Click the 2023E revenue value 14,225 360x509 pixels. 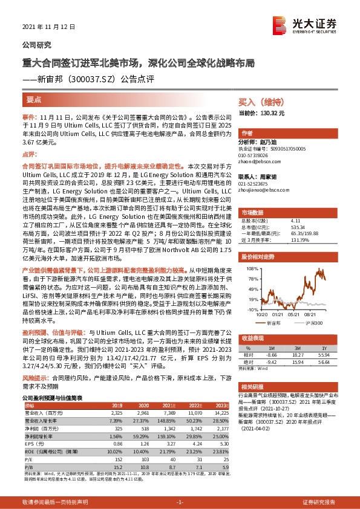[221, 412]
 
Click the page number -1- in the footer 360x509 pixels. [180, 502]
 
